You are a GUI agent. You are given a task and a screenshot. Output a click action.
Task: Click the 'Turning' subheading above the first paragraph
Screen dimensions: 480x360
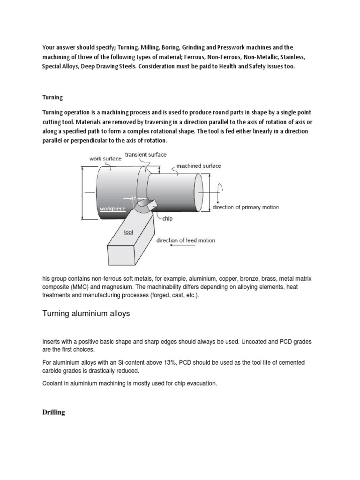pyautogui.click(x=52, y=97)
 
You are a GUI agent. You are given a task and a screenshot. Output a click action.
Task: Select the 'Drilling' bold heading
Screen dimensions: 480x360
pyautogui.click(x=54, y=412)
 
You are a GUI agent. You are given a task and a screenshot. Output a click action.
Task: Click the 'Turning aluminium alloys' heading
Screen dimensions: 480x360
pyautogui.click(x=86, y=314)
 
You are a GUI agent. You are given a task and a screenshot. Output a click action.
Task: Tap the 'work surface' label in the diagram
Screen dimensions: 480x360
pyautogui.click(x=105, y=159)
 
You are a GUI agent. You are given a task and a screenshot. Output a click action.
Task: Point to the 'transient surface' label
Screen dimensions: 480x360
pyautogui.click(x=146, y=154)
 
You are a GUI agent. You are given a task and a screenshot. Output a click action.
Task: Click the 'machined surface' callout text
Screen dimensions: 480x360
pyautogui.click(x=199, y=165)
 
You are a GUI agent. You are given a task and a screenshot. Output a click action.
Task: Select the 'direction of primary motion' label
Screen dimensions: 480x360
pyautogui.click(x=246, y=207)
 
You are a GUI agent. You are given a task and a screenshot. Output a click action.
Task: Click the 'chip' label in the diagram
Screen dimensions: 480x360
pyautogui.click(x=168, y=218)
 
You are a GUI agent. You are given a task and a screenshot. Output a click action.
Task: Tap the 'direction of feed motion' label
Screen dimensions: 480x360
pyautogui.click(x=186, y=240)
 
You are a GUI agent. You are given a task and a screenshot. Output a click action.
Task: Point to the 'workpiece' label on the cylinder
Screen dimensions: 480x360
pyautogui.click(x=112, y=208)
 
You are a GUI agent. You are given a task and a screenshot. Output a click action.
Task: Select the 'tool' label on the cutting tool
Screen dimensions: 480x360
pyautogui.click(x=128, y=232)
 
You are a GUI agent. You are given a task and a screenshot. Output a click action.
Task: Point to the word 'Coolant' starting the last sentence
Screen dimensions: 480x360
pyautogui.click(x=54, y=383)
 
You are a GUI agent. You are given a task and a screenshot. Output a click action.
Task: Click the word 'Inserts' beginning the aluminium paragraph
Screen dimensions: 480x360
pyautogui.click(x=52, y=342)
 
